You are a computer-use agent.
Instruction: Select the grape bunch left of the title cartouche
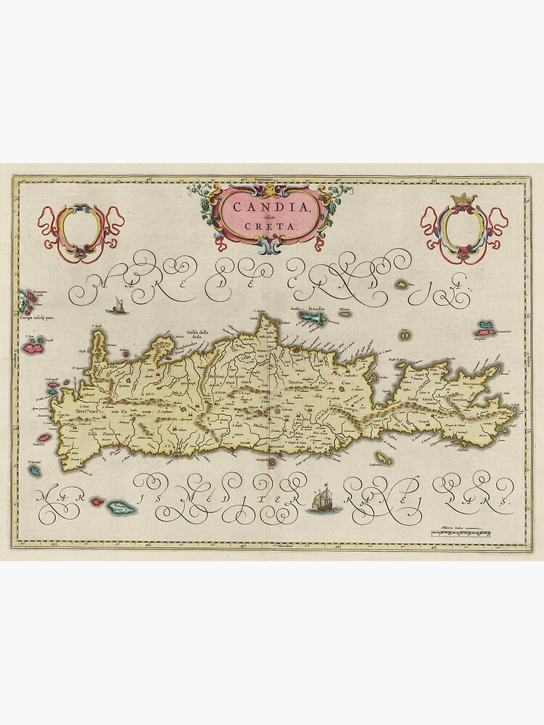pos(197,194)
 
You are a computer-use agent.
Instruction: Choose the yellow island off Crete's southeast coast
pos(383,459)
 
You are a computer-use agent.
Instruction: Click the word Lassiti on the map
pos(339,405)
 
